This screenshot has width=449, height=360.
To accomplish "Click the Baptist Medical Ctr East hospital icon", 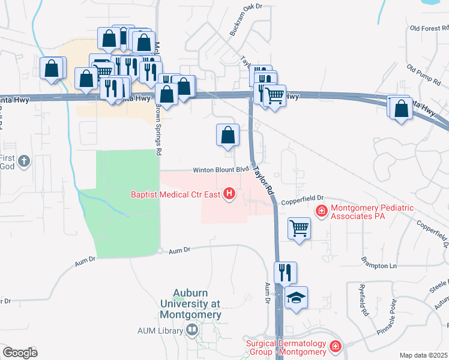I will (229, 194).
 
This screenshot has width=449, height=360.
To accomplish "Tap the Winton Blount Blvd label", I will (220, 170).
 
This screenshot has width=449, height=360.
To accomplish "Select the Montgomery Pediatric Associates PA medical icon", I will (322, 211).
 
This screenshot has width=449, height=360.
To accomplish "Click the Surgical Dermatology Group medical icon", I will (335, 346).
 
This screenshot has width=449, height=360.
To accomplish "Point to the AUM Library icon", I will (191, 329).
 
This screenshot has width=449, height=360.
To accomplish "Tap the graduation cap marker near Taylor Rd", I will (296, 299).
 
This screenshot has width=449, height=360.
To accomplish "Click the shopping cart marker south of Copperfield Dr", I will (299, 228).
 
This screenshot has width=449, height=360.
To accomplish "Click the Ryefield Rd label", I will (364, 300).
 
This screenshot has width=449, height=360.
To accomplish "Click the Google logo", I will (19, 353).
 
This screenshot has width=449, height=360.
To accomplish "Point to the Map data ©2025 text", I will (424, 355).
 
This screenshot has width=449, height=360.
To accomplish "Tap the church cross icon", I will (23, 161).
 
